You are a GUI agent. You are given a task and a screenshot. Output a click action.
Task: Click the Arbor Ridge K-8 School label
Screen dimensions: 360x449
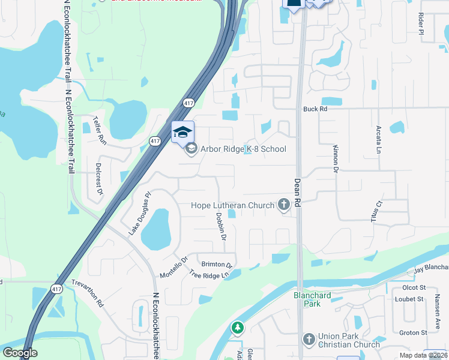(243, 149)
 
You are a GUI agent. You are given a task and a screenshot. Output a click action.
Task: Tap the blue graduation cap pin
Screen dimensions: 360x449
(183, 133)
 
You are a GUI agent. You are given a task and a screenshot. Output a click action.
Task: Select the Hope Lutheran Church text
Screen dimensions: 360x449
(232, 206)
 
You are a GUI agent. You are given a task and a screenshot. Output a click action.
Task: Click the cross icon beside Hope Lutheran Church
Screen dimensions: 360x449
(283, 205)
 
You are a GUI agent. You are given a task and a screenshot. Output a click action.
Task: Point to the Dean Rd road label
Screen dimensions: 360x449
(297, 193)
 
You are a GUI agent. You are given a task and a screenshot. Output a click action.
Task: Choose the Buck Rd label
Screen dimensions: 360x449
(315, 109)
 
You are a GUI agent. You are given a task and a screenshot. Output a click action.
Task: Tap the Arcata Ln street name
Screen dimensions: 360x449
(379, 139)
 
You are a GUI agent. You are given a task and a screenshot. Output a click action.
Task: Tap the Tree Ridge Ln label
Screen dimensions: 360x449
(209, 274)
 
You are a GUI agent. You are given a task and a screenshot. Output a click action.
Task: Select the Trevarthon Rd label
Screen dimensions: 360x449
(88, 293)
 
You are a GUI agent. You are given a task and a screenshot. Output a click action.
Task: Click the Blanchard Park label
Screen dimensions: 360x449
(312, 299)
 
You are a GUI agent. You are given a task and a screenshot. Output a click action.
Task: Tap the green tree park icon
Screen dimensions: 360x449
(238, 328)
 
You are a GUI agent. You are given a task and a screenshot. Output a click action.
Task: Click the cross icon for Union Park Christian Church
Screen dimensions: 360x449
(309, 340)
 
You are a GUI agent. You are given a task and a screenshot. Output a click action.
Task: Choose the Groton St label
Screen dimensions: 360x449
(413, 332)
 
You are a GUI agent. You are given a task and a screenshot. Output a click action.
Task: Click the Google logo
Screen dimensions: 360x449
(20, 353)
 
